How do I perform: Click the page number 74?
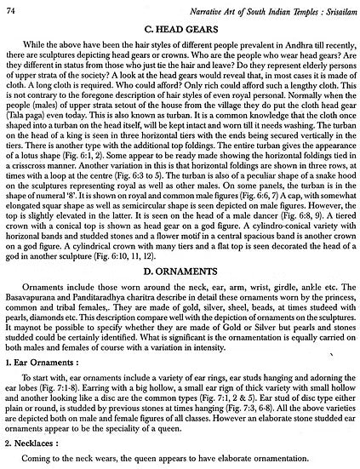tap(11, 9)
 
